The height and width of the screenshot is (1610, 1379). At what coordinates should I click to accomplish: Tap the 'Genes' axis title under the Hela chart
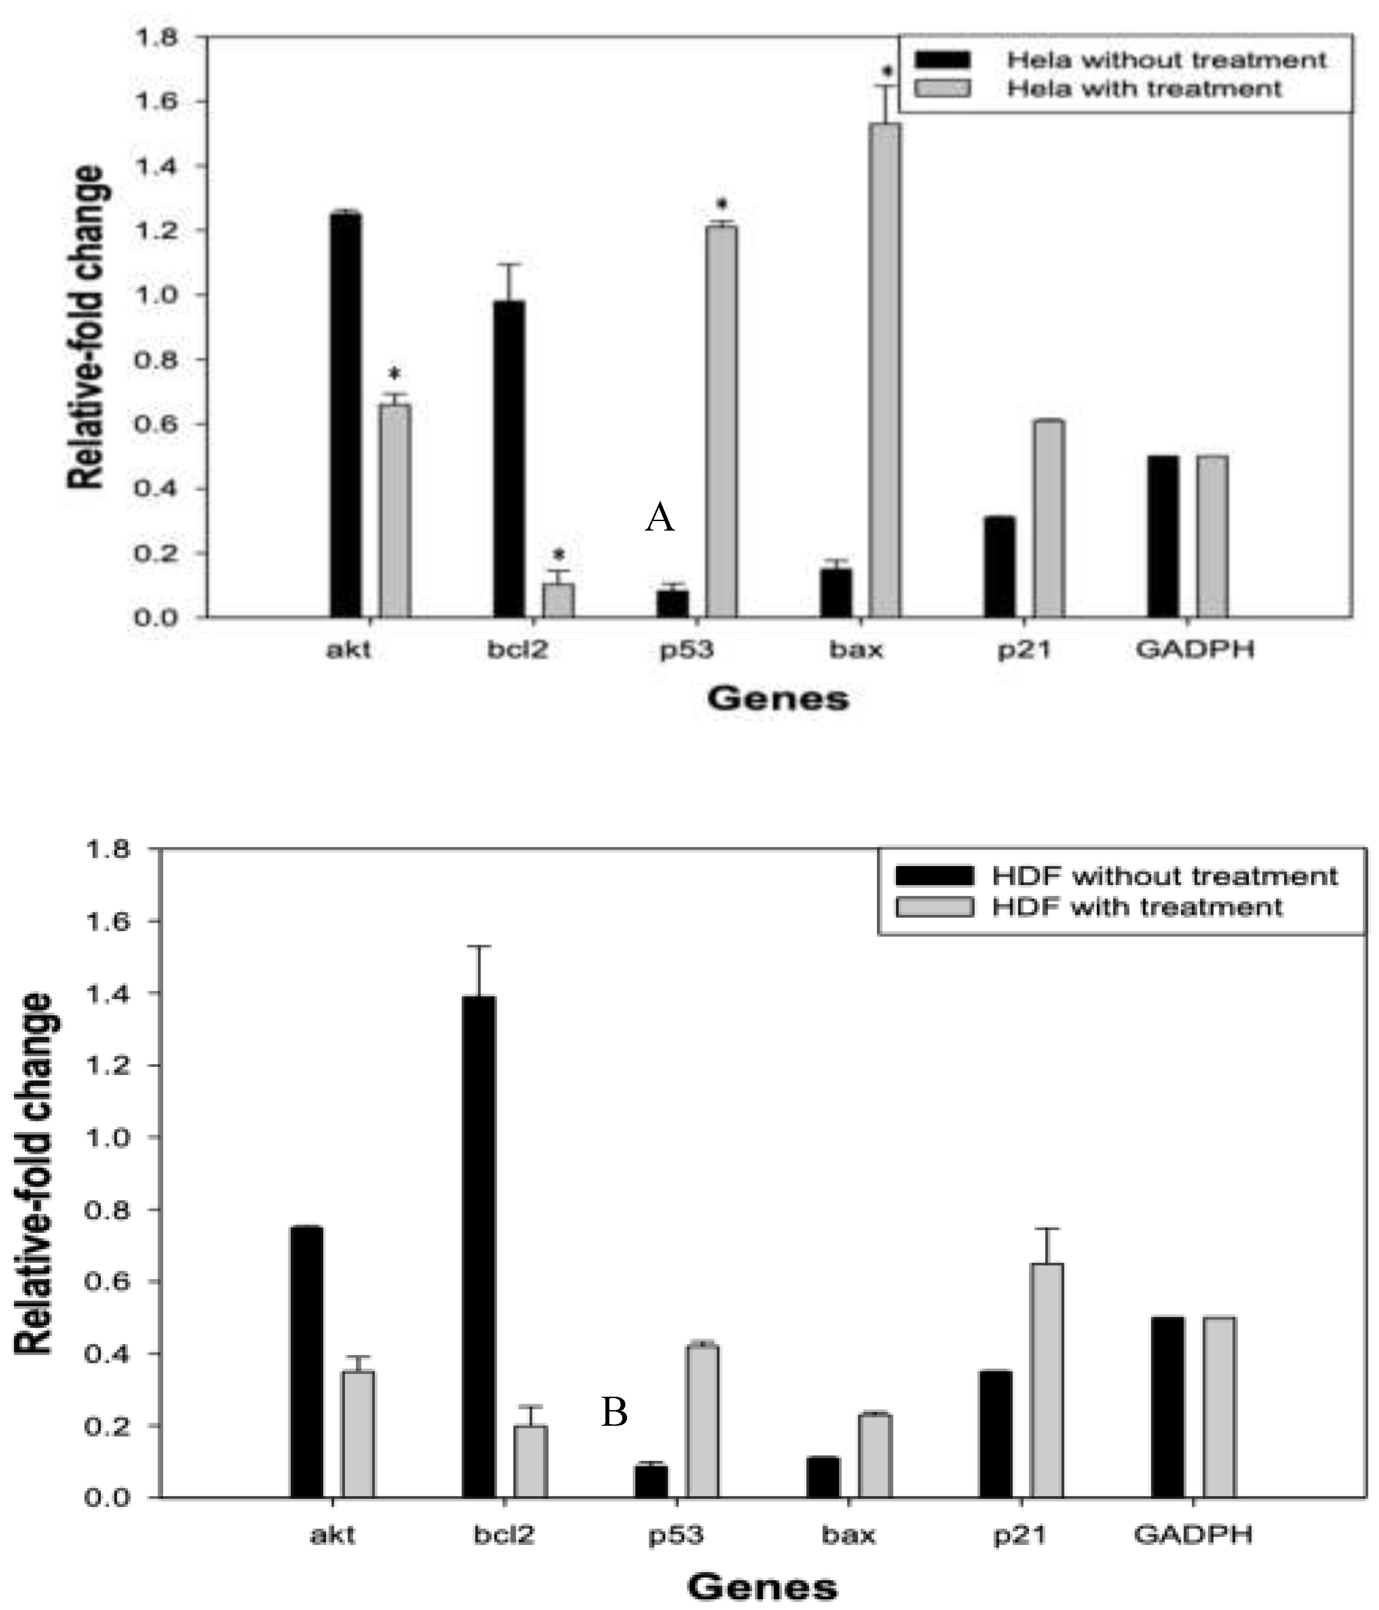pyautogui.click(x=777, y=698)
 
